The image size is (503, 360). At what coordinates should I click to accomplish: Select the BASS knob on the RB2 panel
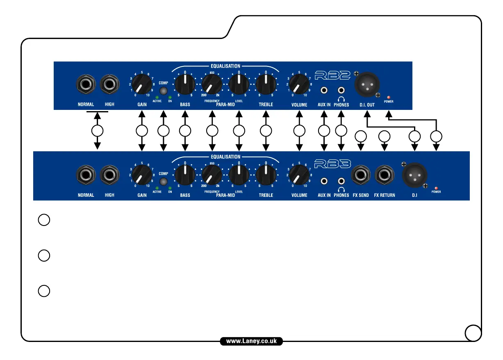(185, 84)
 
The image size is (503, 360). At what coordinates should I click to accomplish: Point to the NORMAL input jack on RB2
(86, 85)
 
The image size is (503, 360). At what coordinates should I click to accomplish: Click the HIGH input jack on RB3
(109, 176)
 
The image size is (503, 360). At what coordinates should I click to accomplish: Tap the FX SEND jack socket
(361, 176)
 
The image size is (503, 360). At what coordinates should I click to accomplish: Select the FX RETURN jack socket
(384, 176)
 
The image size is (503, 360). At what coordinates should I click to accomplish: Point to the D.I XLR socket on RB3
(414, 176)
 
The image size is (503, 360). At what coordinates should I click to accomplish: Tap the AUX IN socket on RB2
(324, 90)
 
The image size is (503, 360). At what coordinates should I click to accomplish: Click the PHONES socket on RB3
(341, 180)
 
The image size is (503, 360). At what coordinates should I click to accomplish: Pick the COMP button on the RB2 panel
(164, 91)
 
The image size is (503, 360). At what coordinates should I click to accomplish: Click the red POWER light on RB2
(388, 97)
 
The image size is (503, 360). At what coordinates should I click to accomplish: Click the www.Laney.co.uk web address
(251, 341)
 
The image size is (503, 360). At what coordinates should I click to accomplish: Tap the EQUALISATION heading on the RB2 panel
(225, 66)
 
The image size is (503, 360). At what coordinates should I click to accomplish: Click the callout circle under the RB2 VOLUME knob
(300, 131)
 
